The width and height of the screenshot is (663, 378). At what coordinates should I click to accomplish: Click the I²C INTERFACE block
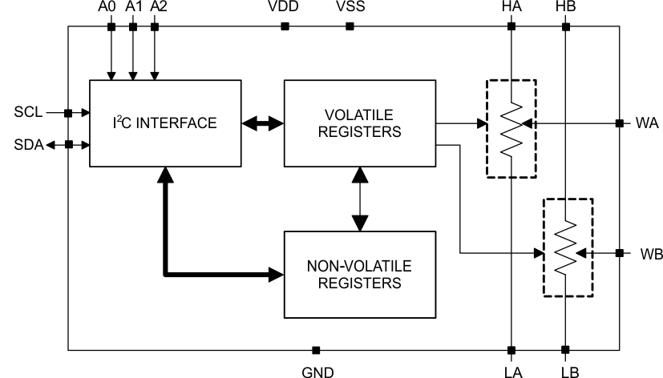coord(165,123)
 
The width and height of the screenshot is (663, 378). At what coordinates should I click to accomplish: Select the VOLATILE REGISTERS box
coord(359,123)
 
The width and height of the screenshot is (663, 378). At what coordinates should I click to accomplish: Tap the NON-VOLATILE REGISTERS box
coord(359,273)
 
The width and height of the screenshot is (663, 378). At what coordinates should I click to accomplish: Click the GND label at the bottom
coord(316,370)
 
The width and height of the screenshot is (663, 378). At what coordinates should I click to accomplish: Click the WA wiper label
coord(645,124)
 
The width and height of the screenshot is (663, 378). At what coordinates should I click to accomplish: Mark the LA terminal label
coord(510,370)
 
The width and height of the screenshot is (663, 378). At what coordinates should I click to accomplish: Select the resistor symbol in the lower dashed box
coord(565,249)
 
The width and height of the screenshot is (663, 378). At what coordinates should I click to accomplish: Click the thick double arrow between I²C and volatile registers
coord(263,123)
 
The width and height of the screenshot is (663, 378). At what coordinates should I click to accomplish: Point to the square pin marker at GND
coord(316,350)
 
